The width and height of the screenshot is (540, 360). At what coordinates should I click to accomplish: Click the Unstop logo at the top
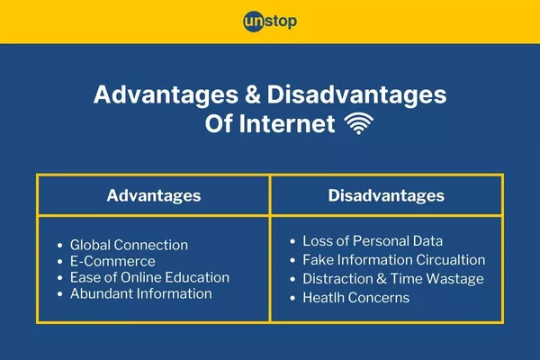tap(270, 21)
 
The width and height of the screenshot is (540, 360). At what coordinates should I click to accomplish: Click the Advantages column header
tap(153, 195)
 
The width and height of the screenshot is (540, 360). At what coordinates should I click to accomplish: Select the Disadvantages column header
tap(385, 195)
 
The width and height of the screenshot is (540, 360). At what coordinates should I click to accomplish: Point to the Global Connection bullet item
tap(129, 245)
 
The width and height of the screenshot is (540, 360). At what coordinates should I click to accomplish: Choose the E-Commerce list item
tap(112, 261)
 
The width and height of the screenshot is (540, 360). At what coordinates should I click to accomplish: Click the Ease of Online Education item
tap(149, 277)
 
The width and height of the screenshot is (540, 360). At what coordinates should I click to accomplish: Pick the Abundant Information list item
tap(140, 293)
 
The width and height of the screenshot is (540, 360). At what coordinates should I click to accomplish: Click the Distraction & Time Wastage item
tap(392, 279)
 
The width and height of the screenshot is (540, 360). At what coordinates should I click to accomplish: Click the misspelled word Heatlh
tap(323, 298)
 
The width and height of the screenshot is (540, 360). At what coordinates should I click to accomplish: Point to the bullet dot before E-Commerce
tap(59, 262)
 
